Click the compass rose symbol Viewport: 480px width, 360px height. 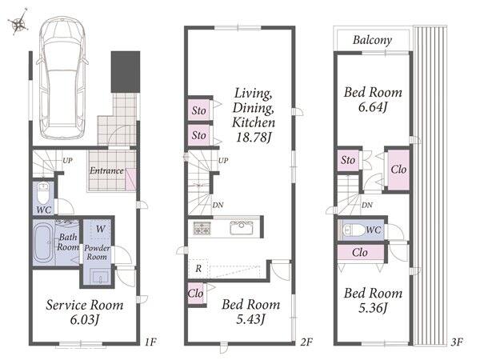[19, 22]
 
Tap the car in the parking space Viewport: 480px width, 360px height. [62, 78]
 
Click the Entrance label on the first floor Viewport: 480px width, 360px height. [106, 170]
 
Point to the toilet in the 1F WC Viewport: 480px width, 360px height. [43, 193]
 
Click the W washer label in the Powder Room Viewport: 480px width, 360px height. [101, 229]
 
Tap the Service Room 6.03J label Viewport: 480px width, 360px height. [85, 312]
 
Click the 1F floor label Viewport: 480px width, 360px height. [150, 342]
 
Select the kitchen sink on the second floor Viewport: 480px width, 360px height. [242, 228]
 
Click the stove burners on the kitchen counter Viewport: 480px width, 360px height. [202, 228]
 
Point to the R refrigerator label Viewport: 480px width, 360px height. [198, 269]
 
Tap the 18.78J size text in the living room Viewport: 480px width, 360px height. [254, 137]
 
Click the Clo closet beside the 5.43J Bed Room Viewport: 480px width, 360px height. [196, 294]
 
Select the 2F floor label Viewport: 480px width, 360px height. [306, 342]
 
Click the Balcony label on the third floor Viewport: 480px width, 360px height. [372, 40]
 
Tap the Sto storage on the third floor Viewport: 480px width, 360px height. [348, 160]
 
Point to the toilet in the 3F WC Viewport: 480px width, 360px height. [354, 230]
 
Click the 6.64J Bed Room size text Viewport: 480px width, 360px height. [373, 107]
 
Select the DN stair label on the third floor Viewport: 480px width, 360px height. [367, 205]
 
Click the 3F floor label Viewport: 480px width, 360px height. [457, 342]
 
